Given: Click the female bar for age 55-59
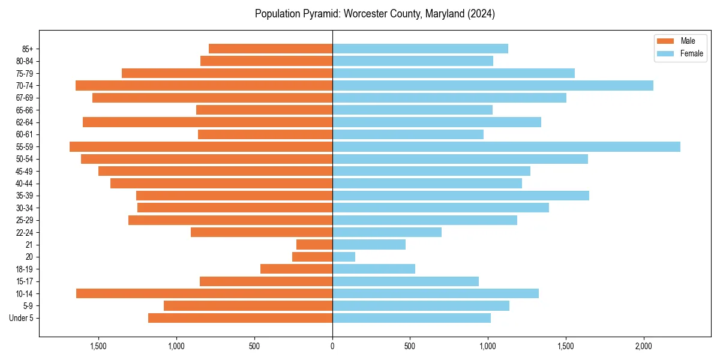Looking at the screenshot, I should pyautogui.click(x=506, y=147).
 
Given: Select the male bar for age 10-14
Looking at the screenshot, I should pyautogui.click(x=204, y=293).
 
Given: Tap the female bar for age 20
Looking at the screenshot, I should pyautogui.click(x=344, y=257).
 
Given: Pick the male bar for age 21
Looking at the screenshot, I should pyautogui.click(x=314, y=245).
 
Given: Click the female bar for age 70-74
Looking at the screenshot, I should pyautogui.click(x=493, y=86).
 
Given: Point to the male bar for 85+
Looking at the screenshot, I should pyautogui.click(x=271, y=49).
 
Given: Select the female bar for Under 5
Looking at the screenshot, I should pyautogui.click(x=412, y=318).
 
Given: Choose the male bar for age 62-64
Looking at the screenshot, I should pyautogui.click(x=208, y=122).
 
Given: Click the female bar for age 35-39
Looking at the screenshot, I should pyautogui.click(x=461, y=196).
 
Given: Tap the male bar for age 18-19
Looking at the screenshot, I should pyautogui.click(x=296, y=269).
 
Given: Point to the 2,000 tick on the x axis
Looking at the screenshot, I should pyautogui.click(x=643, y=347).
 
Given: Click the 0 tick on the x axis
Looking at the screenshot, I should pyautogui.click(x=332, y=347).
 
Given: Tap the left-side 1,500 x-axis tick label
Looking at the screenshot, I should pyautogui.click(x=98, y=347).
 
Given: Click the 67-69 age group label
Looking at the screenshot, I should pyautogui.click(x=25, y=98).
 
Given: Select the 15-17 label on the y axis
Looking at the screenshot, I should pyautogui.click(x=25, y=281).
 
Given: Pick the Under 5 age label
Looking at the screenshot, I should pyautogui.click(x=22, y=318).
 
